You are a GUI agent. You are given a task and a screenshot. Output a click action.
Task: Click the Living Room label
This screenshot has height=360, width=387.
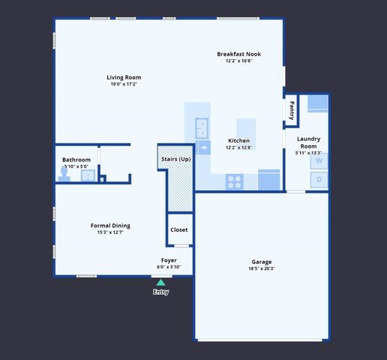point(124,77)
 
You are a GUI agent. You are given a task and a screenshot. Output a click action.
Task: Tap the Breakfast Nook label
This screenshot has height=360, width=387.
point(238,54)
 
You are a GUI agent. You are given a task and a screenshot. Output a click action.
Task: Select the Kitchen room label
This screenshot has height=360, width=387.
point(238,141)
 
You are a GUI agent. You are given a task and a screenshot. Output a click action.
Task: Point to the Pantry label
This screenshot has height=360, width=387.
point(292,110)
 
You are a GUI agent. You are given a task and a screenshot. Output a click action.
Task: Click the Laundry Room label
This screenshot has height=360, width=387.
point(308,142)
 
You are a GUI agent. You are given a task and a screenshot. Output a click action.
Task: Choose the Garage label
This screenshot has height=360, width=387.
point(261,262)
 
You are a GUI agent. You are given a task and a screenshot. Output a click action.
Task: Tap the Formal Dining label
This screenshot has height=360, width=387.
point(110,226)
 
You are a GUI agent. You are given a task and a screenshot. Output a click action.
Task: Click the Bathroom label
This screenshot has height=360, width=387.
point(76,160)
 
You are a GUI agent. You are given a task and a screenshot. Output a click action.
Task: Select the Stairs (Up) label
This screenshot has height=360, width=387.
point(175,159)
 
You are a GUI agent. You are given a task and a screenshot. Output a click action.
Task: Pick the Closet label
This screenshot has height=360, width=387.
point(179,229)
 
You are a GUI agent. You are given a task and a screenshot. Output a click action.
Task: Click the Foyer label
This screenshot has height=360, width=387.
point(169,260)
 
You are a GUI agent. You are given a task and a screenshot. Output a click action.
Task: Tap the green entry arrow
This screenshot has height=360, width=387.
point(160,283)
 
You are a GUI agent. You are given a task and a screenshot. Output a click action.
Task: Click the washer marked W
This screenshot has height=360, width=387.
point(319,160)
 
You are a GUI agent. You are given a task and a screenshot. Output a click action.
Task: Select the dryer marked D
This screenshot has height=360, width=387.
point(319,180)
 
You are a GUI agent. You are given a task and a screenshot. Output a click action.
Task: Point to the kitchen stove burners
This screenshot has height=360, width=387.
point(235,181)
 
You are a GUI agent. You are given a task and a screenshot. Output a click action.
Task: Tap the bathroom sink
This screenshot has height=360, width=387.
point(87,176)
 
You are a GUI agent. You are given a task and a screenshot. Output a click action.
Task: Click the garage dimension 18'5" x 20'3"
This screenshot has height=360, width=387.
point(261,268)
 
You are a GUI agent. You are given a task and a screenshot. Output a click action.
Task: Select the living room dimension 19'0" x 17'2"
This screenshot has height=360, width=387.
point(124,84)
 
